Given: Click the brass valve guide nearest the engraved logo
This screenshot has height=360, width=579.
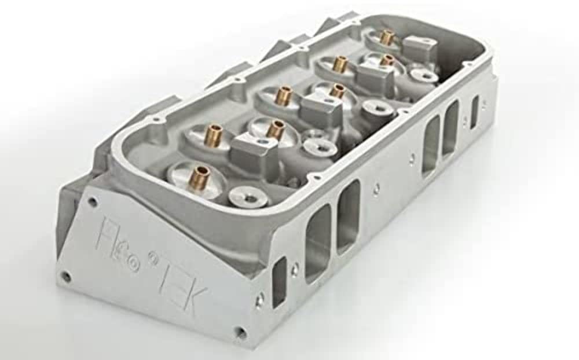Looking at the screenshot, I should pos(201,172).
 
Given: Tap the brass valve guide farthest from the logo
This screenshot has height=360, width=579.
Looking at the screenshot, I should pos(387,37).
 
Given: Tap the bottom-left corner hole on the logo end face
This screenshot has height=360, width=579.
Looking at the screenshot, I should pos(66,277).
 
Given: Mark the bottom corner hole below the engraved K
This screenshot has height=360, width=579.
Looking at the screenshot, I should pos(240,332).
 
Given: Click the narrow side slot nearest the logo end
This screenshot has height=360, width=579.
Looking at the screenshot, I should pos(280,281).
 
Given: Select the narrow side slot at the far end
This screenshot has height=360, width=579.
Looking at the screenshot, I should pos(474,112).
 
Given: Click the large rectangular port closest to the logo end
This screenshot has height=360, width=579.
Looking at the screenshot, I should pos(318,243).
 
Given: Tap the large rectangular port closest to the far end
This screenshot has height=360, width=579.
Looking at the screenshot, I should pos(450,128).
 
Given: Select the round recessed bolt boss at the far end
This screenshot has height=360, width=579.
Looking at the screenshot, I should pos(424,75).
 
